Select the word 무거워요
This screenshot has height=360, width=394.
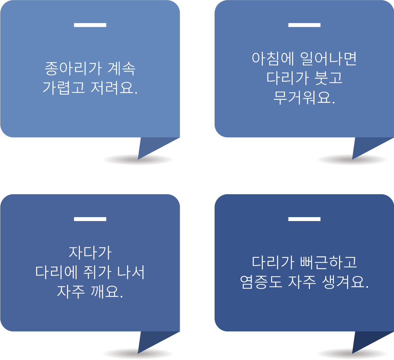click(x=304, y=97)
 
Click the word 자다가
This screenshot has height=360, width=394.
click(x=90, y=253)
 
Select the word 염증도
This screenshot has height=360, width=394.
click(x=261, y=282)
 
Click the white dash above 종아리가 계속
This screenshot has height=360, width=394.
click(x=90, y=25)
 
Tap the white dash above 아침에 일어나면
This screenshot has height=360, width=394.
click(x=304, y=25)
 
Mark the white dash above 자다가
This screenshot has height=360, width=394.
click(x=90, y=219)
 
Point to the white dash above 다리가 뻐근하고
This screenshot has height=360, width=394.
click(x=304, y=219)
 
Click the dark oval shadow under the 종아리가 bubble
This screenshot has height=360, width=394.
click(x=120, y=160)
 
